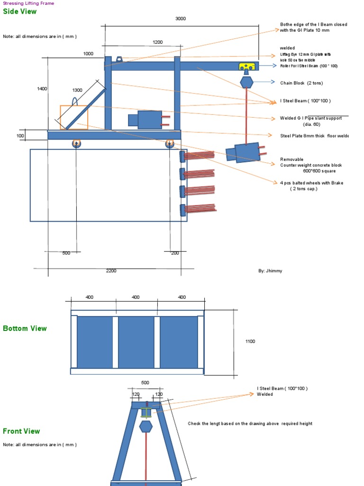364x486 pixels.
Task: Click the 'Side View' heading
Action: click(19, 12)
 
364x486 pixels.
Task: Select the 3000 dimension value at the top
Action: click(181, 19)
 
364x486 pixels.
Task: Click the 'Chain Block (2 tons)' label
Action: click(302, 83)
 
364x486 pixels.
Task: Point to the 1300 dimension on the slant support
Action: click(77, 90)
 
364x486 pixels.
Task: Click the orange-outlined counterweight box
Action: click(74, 117)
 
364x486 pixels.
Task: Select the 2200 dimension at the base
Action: click(111, 271)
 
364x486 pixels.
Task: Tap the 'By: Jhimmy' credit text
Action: click(270, 271)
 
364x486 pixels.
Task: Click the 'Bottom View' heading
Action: click(25, 328)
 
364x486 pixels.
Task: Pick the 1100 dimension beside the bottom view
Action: click(250, 341)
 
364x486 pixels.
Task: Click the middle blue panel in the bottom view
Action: click(136, 342)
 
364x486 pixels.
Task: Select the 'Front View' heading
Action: click(21, 431)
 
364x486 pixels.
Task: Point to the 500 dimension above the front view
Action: click(145, 383)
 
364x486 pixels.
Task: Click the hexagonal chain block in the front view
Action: click(146, 426)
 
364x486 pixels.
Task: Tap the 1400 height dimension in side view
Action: click(42, 89)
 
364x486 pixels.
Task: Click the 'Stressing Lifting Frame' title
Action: click(28, 3)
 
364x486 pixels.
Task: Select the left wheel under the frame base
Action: click(76, 143)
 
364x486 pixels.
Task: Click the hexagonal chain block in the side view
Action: click(246, 82)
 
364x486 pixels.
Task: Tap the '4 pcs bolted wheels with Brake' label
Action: click(311, 183)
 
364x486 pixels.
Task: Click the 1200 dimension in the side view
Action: click(157, 42)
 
